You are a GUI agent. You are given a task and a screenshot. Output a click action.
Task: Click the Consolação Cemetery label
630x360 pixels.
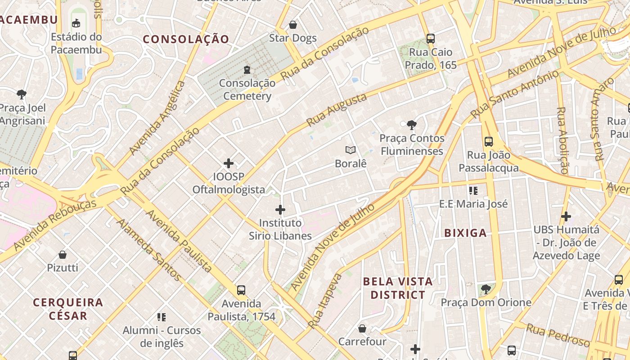tap(247, 90)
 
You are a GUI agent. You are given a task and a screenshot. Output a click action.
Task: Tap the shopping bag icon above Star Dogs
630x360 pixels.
tap(293, 25)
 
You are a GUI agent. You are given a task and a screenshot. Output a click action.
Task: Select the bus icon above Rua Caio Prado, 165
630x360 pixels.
tap(431, 39)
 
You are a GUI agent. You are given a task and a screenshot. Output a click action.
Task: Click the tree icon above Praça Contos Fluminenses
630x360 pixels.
tap(411, 125)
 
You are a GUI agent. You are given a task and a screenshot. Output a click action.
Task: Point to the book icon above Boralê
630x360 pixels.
tap(351, 150)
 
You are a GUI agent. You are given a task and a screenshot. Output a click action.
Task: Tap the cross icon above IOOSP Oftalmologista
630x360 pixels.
tap(229, 163)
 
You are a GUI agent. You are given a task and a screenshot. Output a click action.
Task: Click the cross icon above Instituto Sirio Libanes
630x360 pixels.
tap(280, 209)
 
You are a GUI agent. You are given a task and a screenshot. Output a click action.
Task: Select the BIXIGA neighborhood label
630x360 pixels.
tap(465, 233)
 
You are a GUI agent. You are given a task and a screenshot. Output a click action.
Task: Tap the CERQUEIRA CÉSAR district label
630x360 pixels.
tap(68, 308)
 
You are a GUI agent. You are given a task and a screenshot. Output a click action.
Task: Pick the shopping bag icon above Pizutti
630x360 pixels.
tap(63, 255)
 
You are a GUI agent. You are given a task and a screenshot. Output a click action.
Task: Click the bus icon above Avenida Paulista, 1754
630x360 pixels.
tap(241, 290)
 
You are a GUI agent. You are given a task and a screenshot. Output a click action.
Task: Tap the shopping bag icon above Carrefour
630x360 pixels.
tap(362, 328)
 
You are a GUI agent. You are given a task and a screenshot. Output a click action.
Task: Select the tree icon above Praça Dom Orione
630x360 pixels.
tap(486, 289)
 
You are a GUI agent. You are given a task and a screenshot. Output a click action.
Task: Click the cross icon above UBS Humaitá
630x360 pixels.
tap(566, 216)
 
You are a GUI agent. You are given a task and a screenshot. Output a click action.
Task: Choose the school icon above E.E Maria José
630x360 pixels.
tap(473, 191)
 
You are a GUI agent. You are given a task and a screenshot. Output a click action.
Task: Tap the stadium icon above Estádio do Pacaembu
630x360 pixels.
tap(76, 23)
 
